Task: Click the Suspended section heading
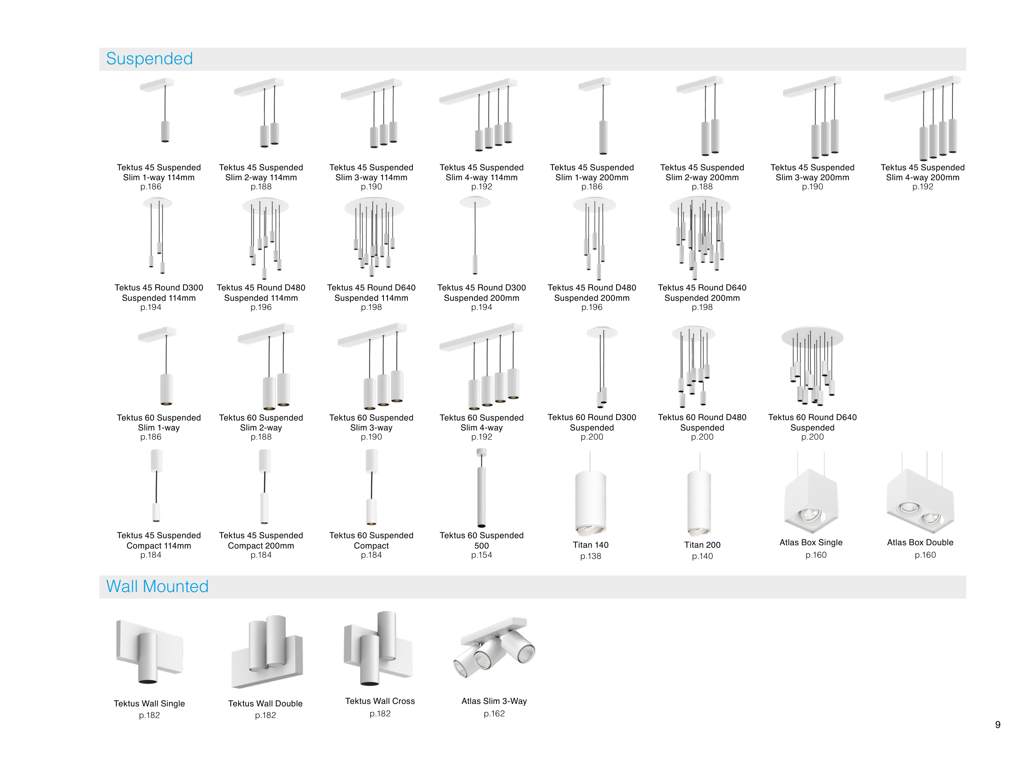click(149, 59)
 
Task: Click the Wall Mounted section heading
click(157, 587)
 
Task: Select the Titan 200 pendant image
click(699, 503)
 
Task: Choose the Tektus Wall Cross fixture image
click(378, 649)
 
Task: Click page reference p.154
click(482, 555)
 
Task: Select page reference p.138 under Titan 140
click(591, 556)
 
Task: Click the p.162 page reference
click(494, 714)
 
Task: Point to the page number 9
click(998, 725)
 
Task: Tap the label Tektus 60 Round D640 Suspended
click(812, 422)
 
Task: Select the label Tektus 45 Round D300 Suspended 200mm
click(482, 293)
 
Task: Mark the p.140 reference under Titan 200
click(702, 556)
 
